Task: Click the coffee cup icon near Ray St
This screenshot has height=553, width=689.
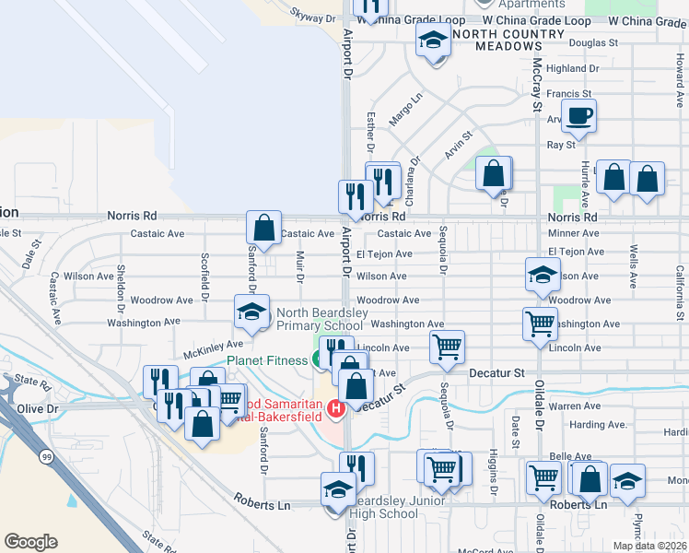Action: coord(578,117)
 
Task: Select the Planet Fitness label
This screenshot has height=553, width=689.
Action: coord(267,360)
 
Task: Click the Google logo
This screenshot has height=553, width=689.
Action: coord(30,542)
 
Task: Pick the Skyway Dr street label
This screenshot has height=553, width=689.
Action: coord(313,18)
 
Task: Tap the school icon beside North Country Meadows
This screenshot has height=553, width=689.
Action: coord(432,41)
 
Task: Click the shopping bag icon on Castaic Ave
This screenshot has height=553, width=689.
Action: coord(263,229)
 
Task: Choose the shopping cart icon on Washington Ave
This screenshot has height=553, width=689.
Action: coord(540,324)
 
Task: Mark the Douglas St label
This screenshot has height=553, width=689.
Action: coord(593,43)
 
